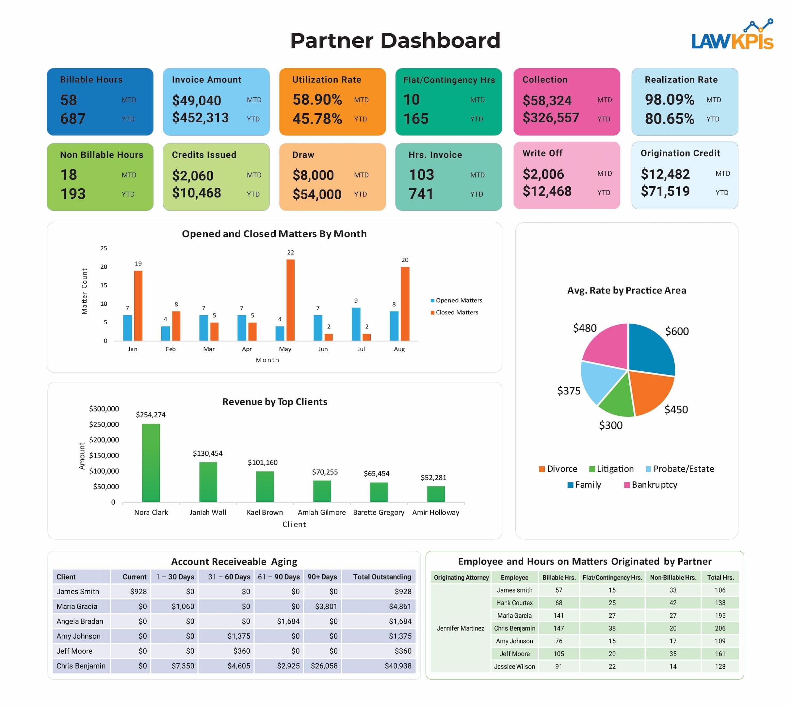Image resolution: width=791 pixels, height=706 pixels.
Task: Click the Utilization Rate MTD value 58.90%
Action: click(x=317, y=100)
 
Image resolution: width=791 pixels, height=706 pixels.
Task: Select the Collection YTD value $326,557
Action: click(x=550, y=118)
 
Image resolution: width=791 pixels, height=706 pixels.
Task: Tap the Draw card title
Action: click(x=303, y=155)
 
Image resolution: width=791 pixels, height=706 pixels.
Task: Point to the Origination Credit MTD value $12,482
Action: click(x=665, y=174)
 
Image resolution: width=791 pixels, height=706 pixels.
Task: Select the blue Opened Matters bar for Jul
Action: click(x=356, y=324)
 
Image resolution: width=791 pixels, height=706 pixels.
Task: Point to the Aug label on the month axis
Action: click(x=399, y=349)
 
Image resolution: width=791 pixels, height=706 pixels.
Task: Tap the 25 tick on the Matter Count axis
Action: click(x=104, y=248)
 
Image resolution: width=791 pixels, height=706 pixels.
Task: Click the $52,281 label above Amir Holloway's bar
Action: click(x=433, y=478)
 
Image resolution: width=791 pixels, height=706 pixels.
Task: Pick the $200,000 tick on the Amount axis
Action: click(x=104, y=440)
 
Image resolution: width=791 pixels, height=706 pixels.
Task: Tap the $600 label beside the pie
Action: click(x=677, y=331)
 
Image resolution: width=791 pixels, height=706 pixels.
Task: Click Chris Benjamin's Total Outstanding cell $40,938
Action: click(x=398, y=666)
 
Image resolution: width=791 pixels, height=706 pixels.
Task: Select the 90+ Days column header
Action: click(x=322, y=577)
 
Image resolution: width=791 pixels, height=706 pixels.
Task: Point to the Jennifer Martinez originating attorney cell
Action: click(x=460, y=628)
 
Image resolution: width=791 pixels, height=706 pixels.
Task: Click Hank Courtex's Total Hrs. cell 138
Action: click(x=720, y=603)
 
